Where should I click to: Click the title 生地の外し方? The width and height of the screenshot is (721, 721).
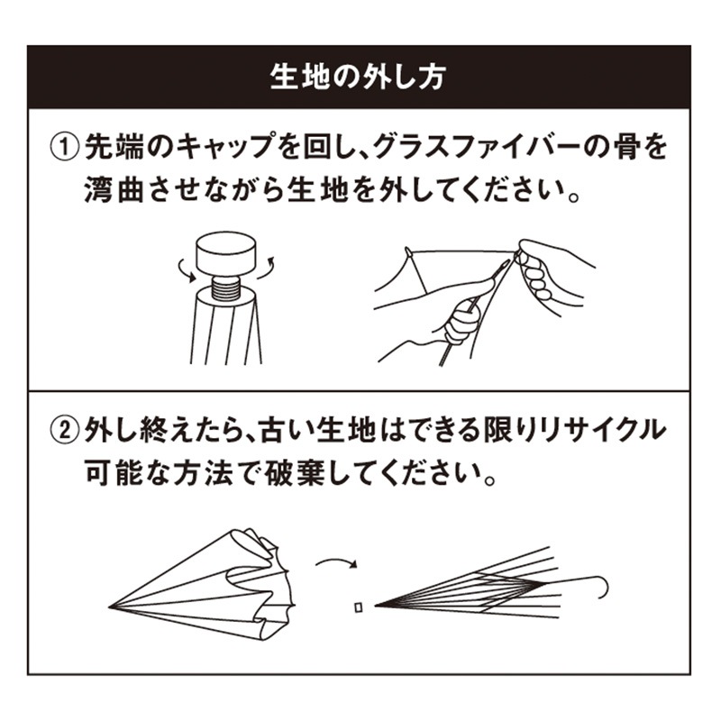(x=358, y=78)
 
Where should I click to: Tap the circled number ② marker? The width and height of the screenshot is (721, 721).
(x=63, y=431)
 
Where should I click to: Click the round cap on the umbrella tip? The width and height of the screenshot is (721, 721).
(x=226, y=252)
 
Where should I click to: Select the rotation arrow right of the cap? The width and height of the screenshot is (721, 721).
(x=266, y=268)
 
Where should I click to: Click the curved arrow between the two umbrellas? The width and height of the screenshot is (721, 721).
(x=336, y=562)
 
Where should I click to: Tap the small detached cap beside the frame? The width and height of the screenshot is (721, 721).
(x=359, y=607)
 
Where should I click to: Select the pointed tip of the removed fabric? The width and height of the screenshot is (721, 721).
(x=110, y=607)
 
